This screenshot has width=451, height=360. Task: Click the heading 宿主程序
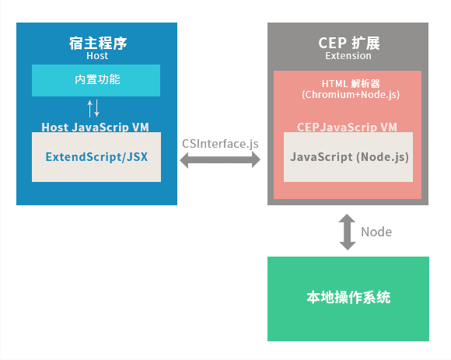[97, 43]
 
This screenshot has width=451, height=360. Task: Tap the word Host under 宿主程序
[97, 56]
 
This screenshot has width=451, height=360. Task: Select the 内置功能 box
[96, 79]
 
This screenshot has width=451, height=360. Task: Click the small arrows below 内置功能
[93, 107]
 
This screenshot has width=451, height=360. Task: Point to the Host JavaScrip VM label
[96, 126]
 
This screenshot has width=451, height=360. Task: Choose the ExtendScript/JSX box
[96, 156]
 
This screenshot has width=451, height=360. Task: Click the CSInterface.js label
[220, 144]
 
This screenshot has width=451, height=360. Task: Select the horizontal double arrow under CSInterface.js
[221, 160]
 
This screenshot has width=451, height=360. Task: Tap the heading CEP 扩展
[348, 42]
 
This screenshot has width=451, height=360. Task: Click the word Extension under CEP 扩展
[348, 56]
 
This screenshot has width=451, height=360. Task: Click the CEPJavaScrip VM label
[348, 127]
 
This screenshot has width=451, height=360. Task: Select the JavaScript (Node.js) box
[349, 156]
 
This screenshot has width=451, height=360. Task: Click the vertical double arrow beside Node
[348, 232]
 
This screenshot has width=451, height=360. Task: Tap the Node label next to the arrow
[376, 232]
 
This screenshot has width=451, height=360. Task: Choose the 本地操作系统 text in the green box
[348, 298]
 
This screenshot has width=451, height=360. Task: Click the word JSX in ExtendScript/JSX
[138, 156]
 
